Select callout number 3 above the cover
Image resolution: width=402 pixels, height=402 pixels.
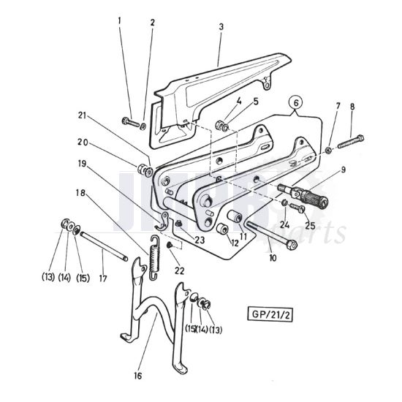[220, 26]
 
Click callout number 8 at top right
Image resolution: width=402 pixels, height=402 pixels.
[353, 107]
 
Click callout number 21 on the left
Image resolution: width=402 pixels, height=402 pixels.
[82, 115]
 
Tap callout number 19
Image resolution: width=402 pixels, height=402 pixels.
[81, 165]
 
